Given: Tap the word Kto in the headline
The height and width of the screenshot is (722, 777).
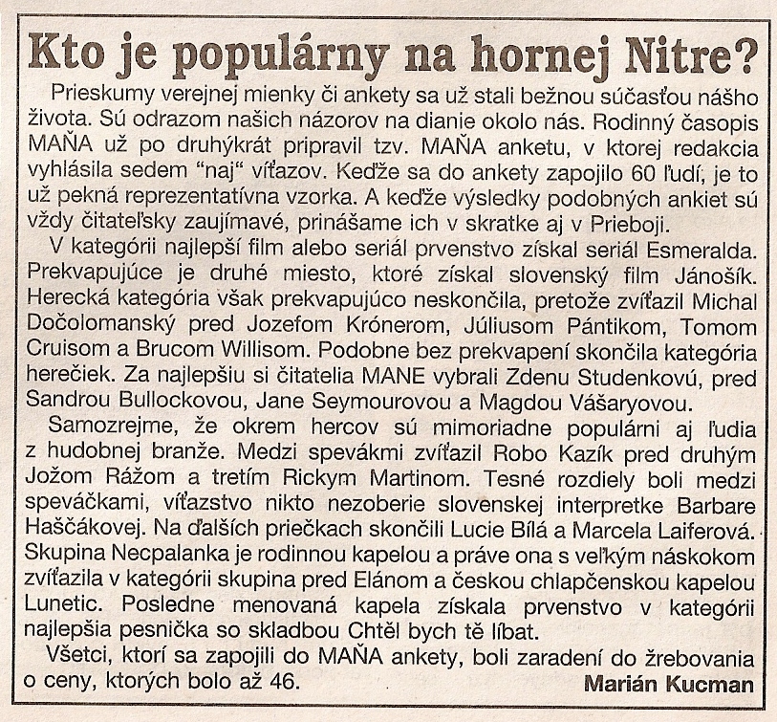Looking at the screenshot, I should coord(73,55).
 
